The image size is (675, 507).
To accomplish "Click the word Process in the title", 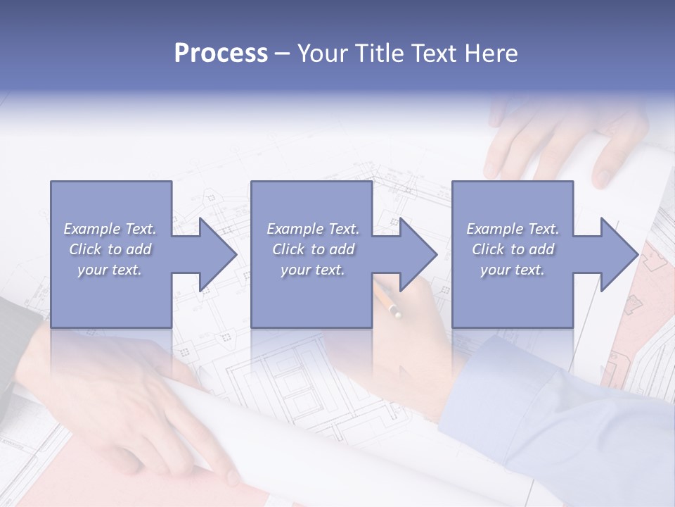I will [x=221, y=54].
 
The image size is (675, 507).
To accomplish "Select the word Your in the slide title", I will [x=323, y=54].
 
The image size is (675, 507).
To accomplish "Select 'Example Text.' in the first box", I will [x=110, y=229].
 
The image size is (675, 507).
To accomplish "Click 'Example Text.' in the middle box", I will [x=313, y=229].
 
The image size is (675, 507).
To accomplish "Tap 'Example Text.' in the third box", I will [x=513, y=229].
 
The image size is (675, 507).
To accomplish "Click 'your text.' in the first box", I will [x=110, y=270].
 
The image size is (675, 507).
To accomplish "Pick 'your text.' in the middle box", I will [x=313, y=270].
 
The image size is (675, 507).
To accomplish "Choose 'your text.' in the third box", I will [x=513, y=270].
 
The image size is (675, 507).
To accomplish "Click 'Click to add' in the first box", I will [x=110, y=249].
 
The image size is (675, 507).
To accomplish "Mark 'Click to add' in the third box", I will [x=513, y=249].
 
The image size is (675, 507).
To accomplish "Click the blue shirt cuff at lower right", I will [x=492, y=394].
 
